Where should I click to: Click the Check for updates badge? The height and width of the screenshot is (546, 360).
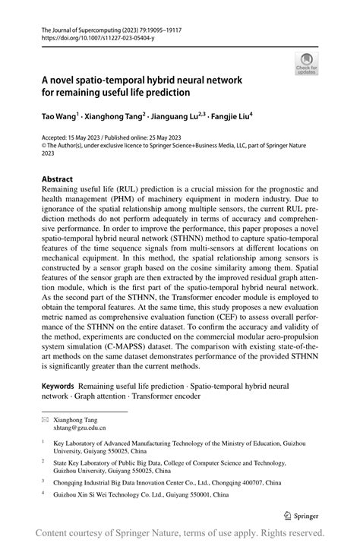(x=307, y=64)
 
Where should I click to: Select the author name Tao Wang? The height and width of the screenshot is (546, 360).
(x=59, y=118)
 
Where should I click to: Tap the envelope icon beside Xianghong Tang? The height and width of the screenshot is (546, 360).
(x=43, y=419)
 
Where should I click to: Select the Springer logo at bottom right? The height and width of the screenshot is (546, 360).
(x=300, y=513)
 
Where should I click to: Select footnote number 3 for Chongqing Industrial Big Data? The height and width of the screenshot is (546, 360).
(x=44, y=479)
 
